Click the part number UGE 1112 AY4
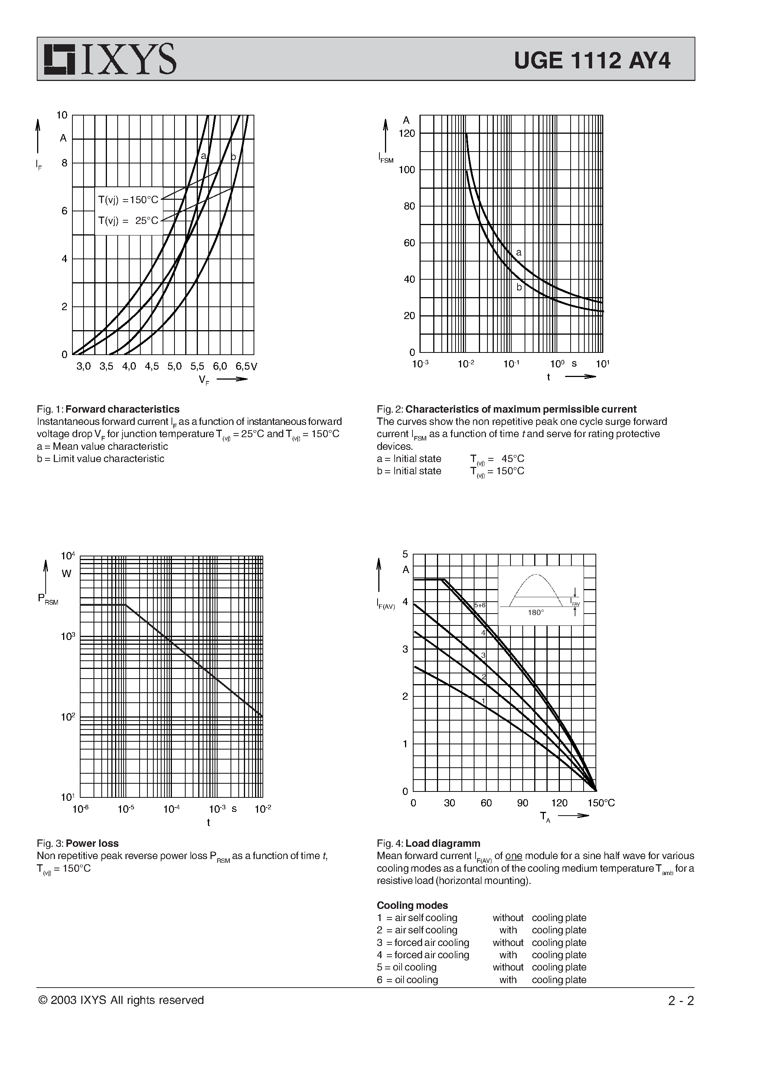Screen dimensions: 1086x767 [592, 61]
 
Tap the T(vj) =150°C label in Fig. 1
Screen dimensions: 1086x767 [128, 199]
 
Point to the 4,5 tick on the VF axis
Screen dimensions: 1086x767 [151, 366]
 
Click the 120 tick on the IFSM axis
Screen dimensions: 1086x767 [407, 133]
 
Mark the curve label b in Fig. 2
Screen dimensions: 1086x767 [519, 287]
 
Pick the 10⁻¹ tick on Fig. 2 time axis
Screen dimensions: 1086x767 [511, 364]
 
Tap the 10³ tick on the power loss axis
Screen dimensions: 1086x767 [68, 636]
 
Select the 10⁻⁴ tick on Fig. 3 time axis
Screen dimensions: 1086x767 [171, 809]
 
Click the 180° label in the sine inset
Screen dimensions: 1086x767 [535, 612]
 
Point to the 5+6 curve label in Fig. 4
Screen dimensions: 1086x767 [480, 605]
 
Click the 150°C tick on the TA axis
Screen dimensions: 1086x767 [601, 803]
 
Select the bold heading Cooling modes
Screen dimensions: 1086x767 [412, 905]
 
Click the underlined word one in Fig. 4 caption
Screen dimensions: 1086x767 [513, 856]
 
